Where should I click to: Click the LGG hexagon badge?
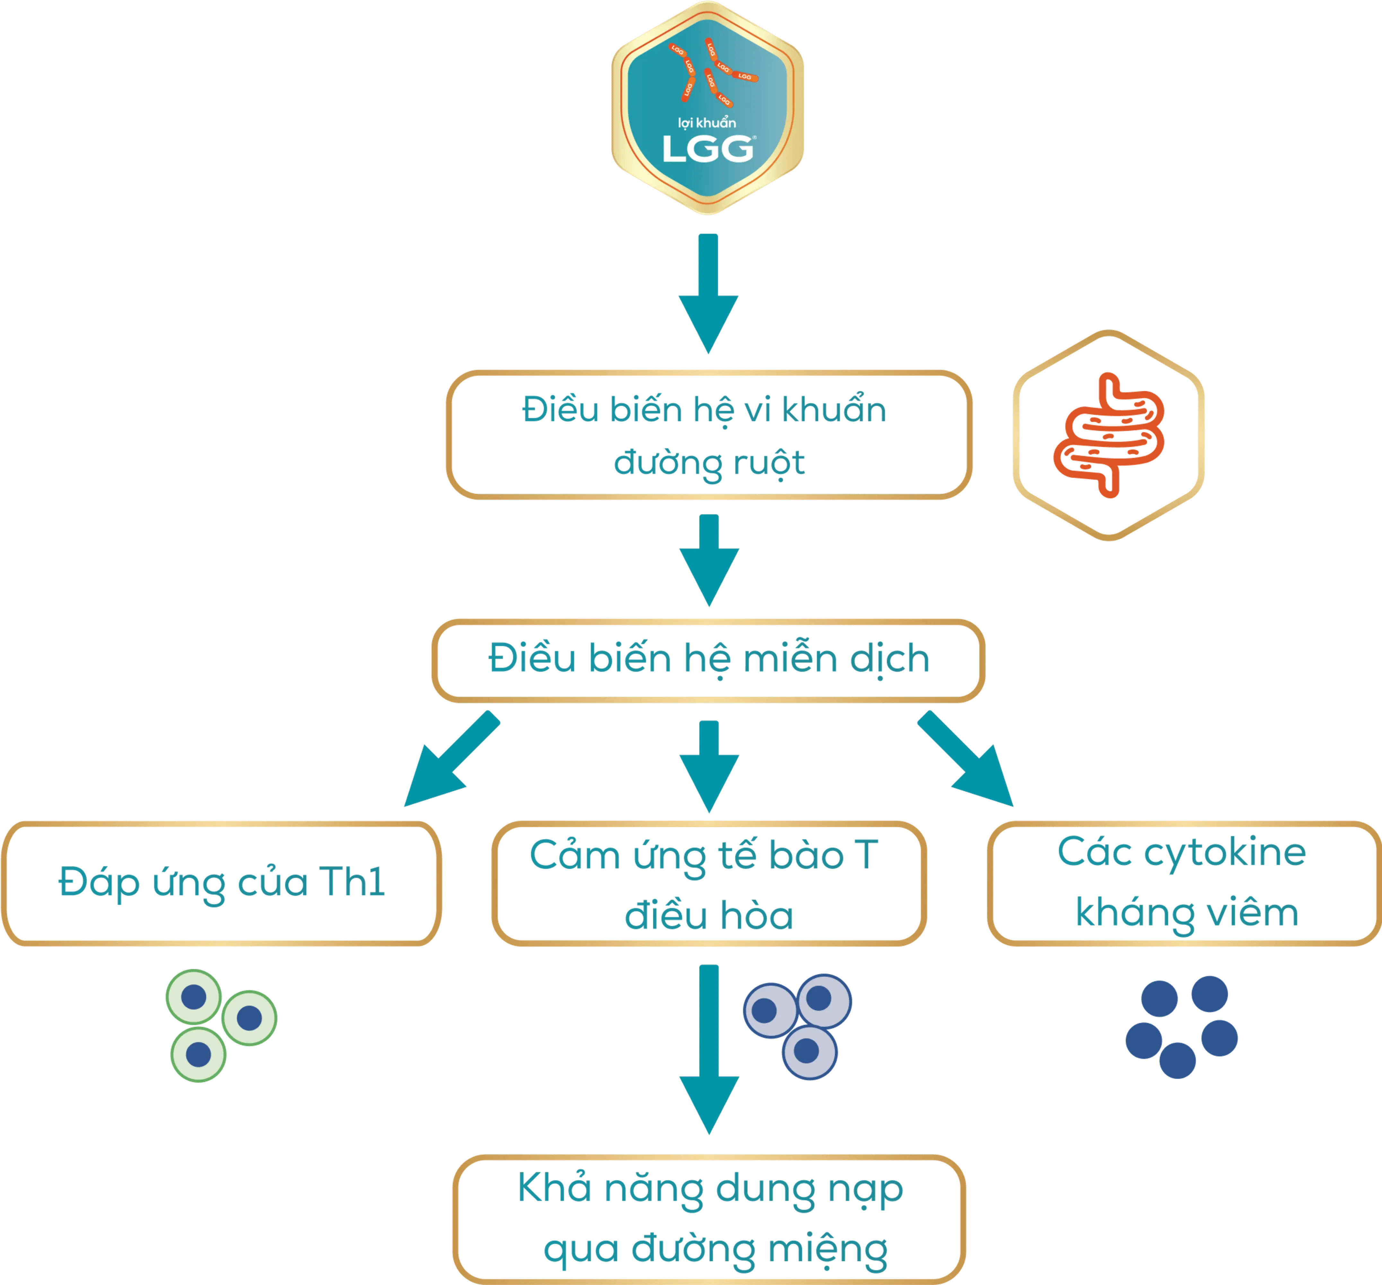point(708,108)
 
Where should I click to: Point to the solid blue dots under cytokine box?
point(1182,1025)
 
